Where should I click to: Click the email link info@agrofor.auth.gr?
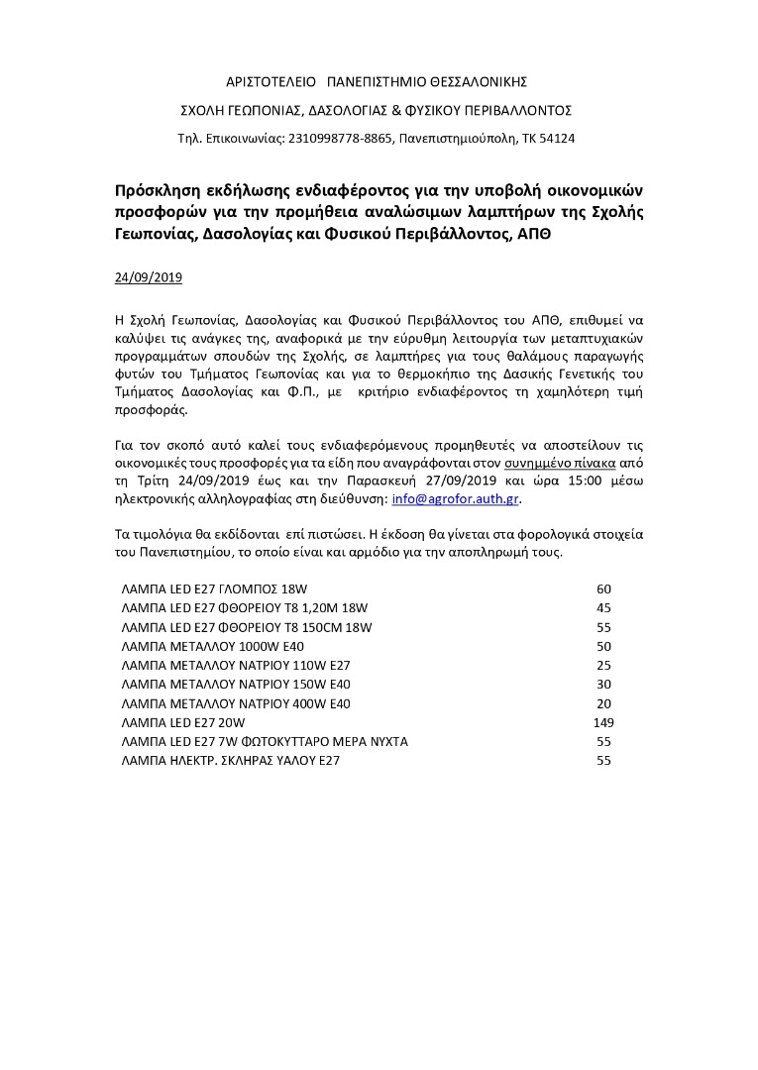click(x=456, y=498)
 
